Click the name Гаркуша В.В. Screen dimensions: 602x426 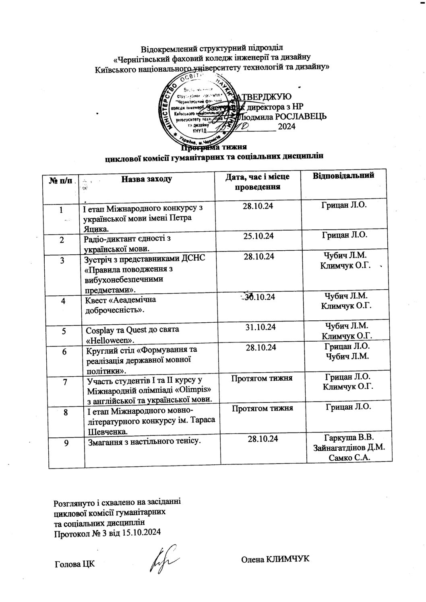click(349, 438)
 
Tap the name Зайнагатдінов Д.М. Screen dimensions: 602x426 click(349, 447)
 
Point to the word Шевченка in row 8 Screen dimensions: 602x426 click(105, 431)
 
